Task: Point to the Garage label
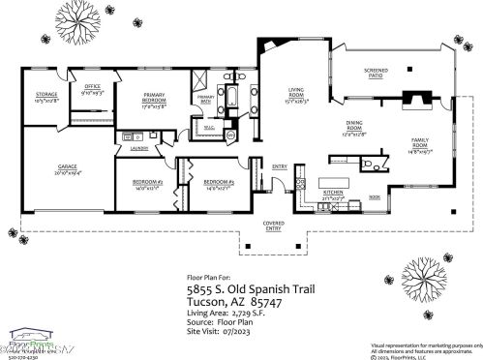tap(67, 168)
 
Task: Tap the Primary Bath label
tap(204, 98)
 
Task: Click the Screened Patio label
tap(377, 72)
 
